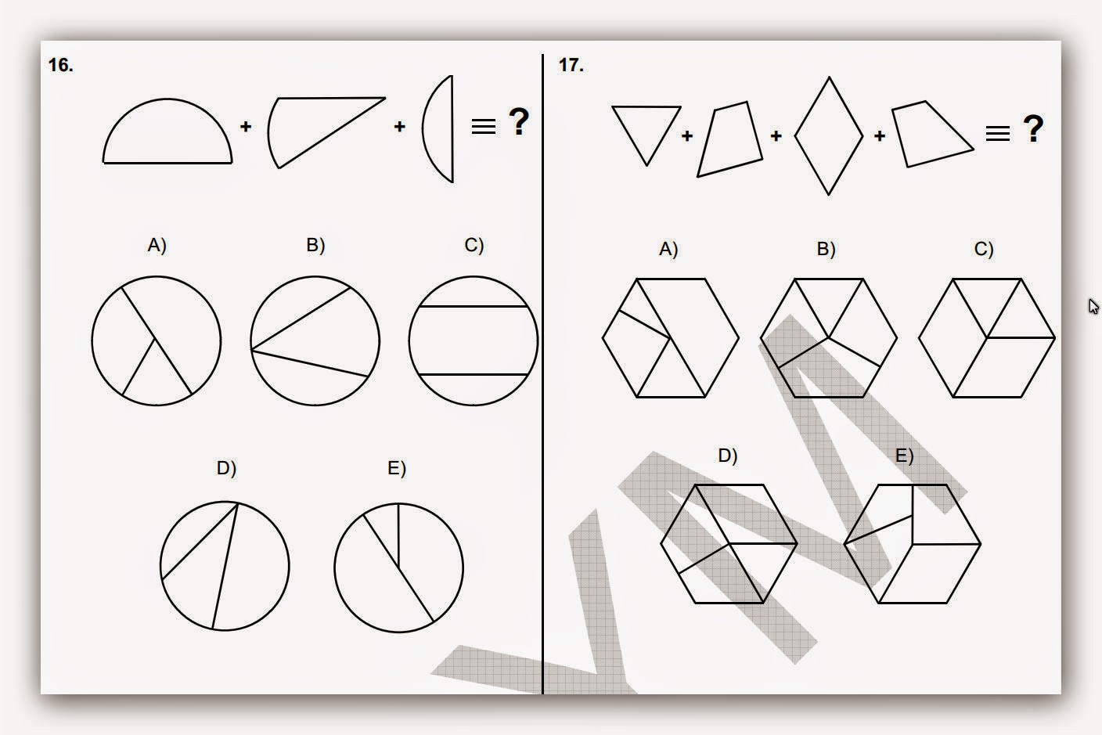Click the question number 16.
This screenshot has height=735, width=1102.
(x=60, y=66)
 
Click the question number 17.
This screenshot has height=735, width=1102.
(x=571, y=66)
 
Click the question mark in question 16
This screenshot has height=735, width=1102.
(x=518, y=123)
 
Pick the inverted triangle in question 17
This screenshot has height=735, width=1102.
(x=646, y=130)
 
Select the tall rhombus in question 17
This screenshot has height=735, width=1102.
(x=829, y=136)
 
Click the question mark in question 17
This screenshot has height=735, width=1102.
(x=1032, y=129)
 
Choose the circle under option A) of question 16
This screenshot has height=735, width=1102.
(x=157, y=340)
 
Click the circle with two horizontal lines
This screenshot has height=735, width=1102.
(x=473, y=340)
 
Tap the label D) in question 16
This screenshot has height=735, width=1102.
(x=226, y=468)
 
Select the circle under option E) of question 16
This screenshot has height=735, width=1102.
(x=398, y=567)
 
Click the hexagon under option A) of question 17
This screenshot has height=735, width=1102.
(x=671, y=338)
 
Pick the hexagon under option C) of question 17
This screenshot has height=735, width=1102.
(x=986, y=338)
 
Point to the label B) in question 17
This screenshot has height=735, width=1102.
(x=826, y=249)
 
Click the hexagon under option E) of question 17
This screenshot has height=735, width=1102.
(x=913, y=544)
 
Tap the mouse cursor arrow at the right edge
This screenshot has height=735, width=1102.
(x=1093, y=306)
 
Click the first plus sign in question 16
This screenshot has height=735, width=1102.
(x=246, y=126)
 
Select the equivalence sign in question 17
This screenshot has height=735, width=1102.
(x=997, y=133)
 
